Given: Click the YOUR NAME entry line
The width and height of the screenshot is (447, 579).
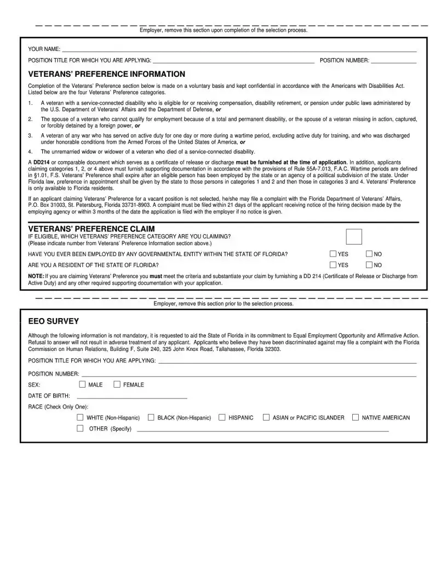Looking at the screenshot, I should [x=239, y=49].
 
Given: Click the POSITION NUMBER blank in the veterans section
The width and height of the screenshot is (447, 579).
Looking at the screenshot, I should [x=393, y=60].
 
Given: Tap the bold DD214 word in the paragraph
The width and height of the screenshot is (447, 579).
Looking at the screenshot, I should [x=41, y=162].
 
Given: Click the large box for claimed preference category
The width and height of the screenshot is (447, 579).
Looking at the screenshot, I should [x=354, y=236].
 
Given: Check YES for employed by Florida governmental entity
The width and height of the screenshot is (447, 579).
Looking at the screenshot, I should [x=333, y=254].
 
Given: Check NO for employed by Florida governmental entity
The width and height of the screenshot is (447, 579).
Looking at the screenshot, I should [x=369, y=254].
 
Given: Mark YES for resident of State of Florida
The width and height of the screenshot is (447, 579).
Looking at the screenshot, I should [x=333, y=265].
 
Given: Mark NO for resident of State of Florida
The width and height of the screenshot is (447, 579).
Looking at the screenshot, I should [x=369, y=265].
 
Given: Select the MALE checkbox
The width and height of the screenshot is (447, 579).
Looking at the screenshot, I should [x=82, y=384].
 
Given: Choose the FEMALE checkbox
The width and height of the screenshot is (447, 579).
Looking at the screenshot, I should [x=117, y=384].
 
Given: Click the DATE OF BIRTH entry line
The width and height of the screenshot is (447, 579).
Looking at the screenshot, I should [x=132, y=395].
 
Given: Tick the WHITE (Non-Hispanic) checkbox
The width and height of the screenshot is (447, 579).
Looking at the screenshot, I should [x=80, y=417].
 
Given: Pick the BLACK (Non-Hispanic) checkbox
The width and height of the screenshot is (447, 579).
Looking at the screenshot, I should [x=151, y=417].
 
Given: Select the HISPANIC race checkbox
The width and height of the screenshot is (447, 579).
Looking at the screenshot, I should [x=222, y=417].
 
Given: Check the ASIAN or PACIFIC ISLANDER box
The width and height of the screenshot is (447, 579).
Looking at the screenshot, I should [x=266, y=417].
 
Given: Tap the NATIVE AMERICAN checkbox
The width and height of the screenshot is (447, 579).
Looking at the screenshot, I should [x=356, y=417].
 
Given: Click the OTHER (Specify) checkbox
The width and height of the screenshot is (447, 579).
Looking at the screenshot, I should [x=80, y=428].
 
